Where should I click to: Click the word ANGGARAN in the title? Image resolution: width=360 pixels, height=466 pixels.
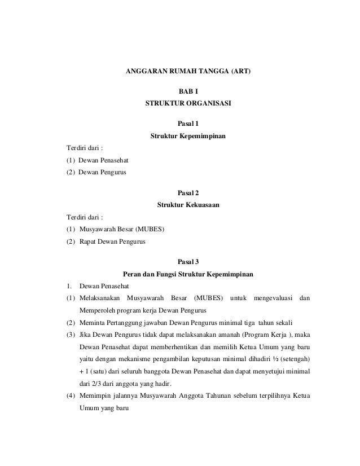coord(146,73)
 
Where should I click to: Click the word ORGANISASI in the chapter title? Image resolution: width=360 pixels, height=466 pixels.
coord(208,103)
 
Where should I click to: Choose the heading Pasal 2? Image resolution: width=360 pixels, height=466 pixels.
coord(188,192)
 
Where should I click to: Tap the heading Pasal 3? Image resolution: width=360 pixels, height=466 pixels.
coord(188,262)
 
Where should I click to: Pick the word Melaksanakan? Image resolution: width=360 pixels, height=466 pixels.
coord(99,298)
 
